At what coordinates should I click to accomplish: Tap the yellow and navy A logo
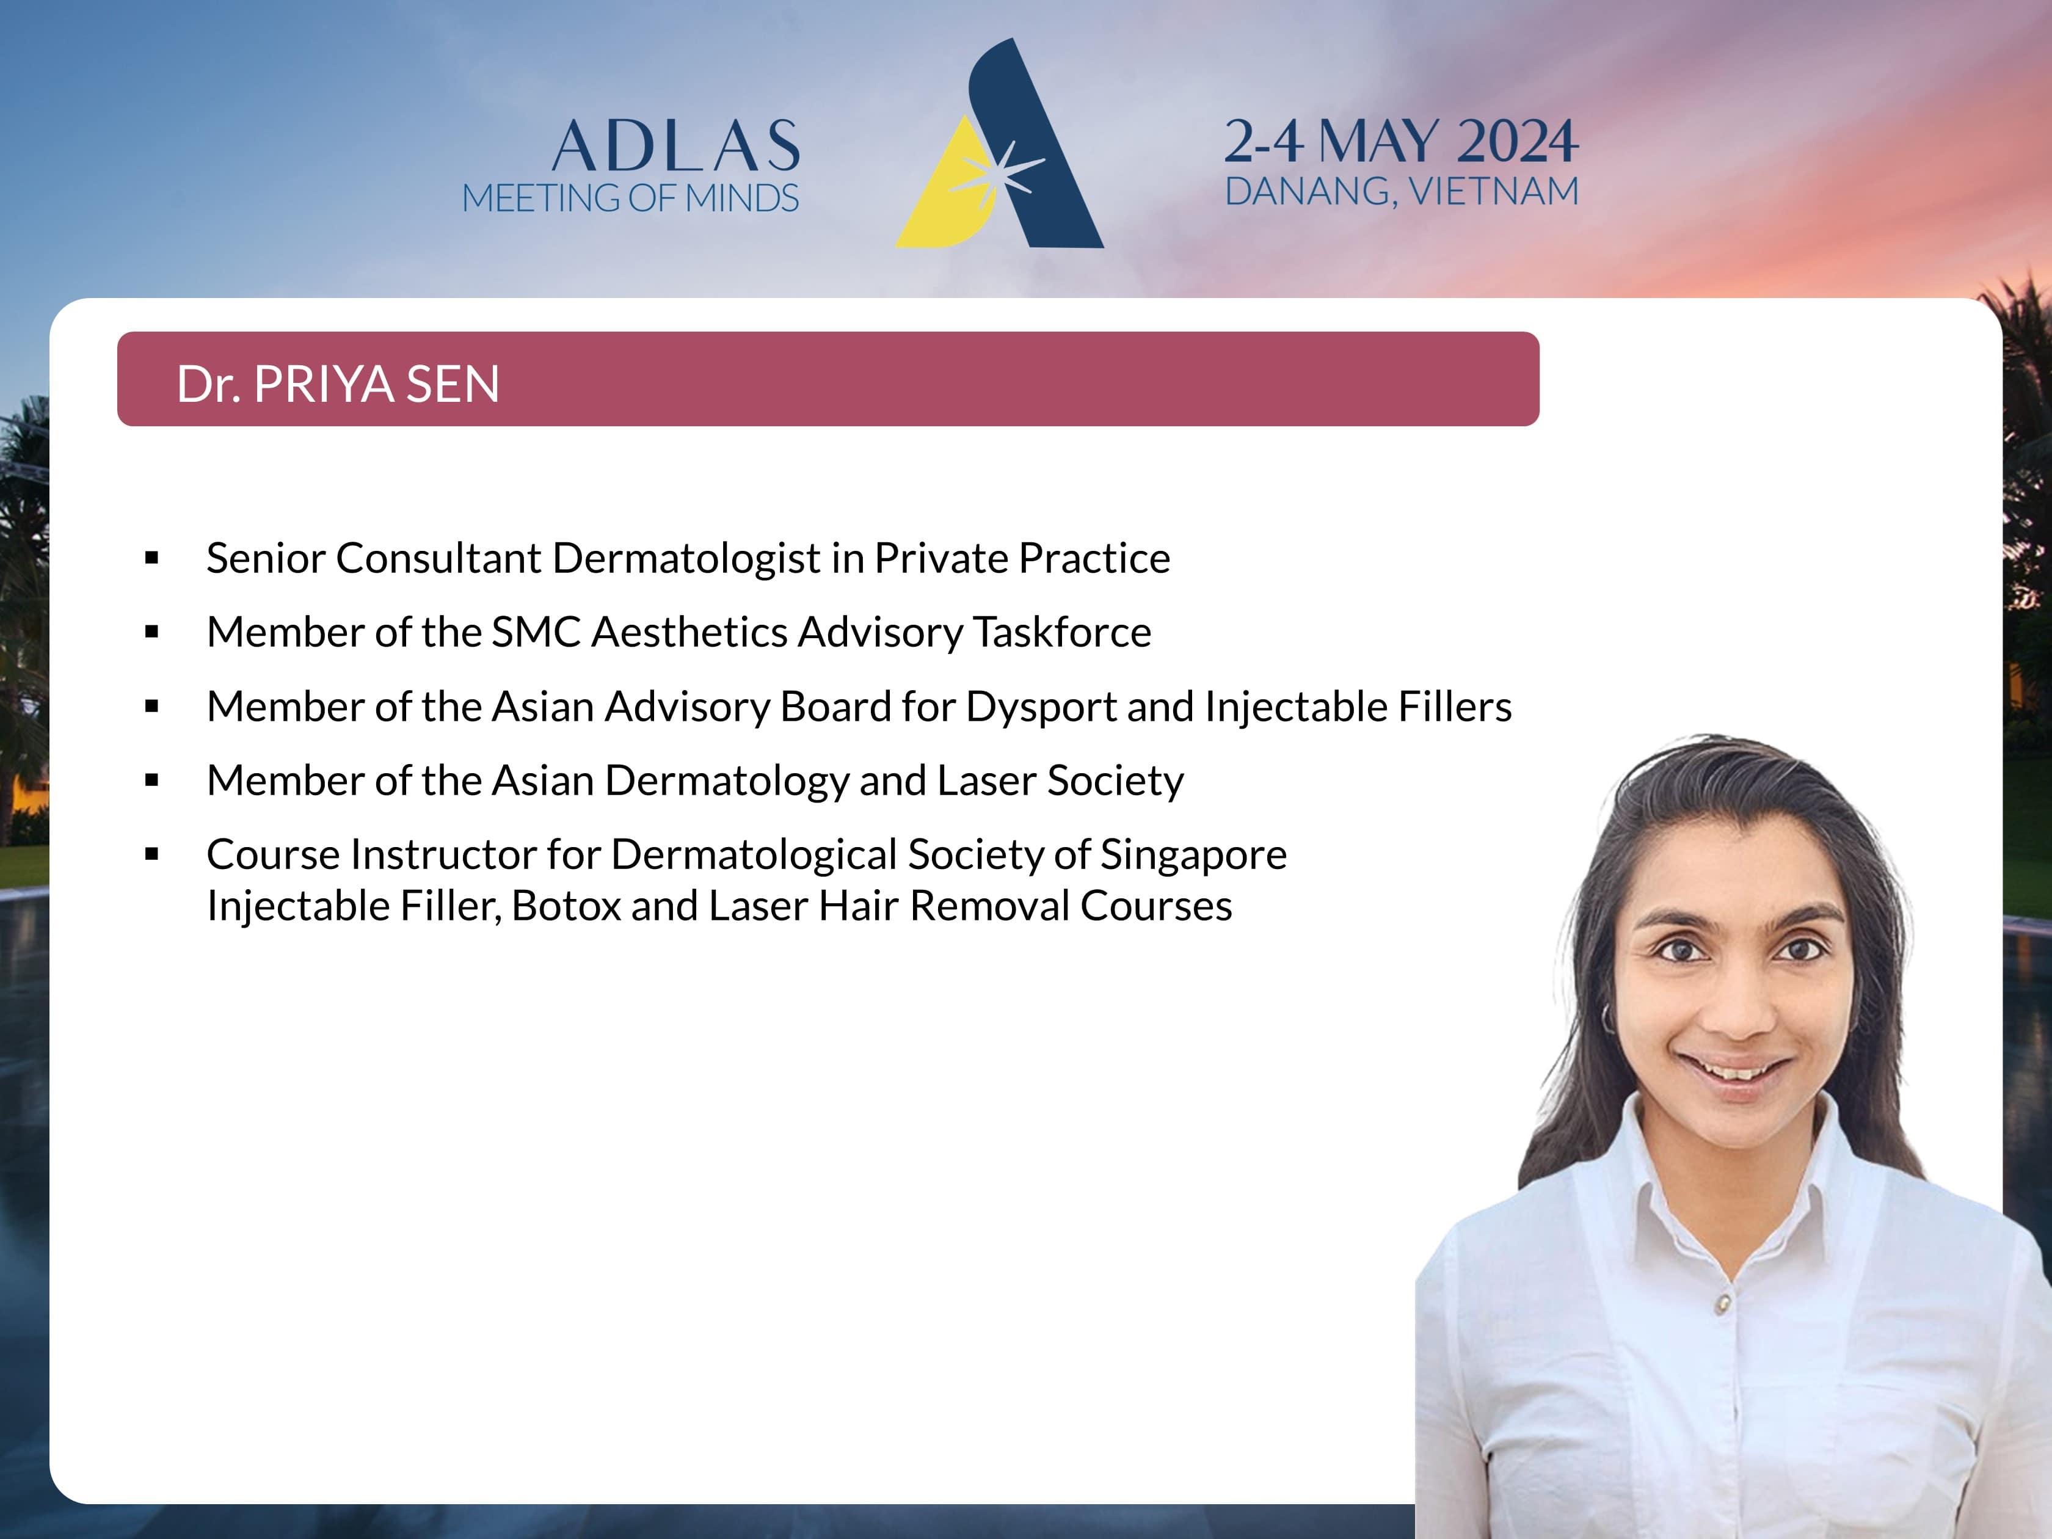coord(999,144)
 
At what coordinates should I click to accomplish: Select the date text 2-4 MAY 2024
coord(1401,141)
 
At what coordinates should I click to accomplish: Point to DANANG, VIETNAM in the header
coord(1402,192)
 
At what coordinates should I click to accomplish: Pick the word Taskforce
coord(1061,631)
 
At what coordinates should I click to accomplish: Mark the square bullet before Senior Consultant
coord(152,558)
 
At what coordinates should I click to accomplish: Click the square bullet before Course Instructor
coord(152,854)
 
